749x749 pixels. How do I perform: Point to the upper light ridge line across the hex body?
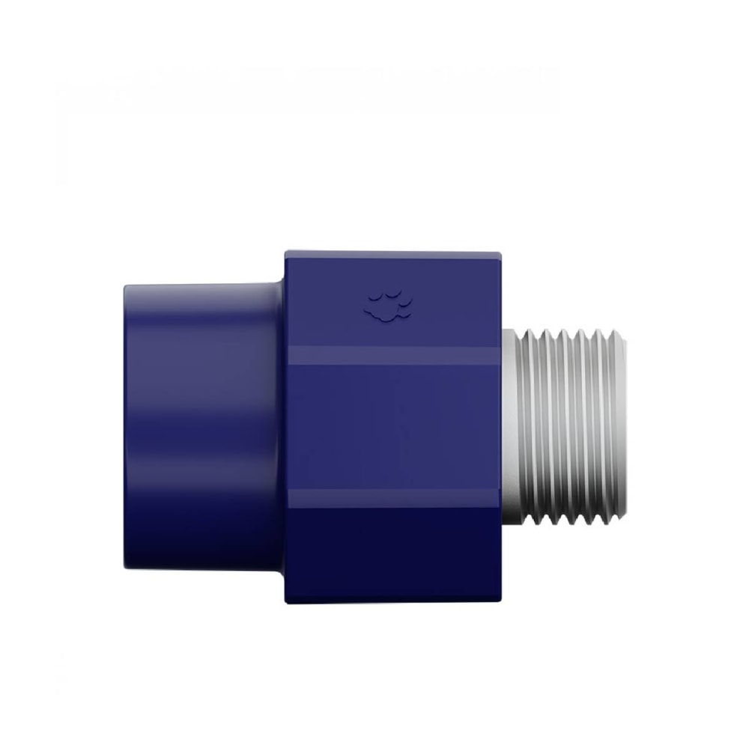click(393, 356)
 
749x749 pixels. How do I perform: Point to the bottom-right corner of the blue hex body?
click(500, 602)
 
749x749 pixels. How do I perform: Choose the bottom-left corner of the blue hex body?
click(286, 602)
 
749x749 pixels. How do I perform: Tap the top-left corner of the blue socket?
click(126, 285)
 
